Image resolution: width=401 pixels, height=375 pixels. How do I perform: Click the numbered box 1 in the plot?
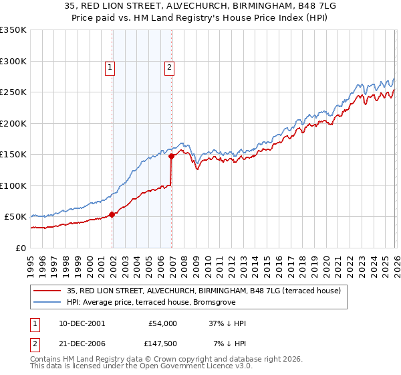click(109, 66)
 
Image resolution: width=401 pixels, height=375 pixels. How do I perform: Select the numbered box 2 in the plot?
click(170, 66)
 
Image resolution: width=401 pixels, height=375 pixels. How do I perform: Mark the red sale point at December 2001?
click(112, 214)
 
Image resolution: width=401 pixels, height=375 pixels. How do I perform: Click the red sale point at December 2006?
click(172, 156)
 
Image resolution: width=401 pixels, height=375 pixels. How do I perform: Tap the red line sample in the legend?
click(47, 291)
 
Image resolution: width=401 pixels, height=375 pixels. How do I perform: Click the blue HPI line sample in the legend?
click(47, 303)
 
